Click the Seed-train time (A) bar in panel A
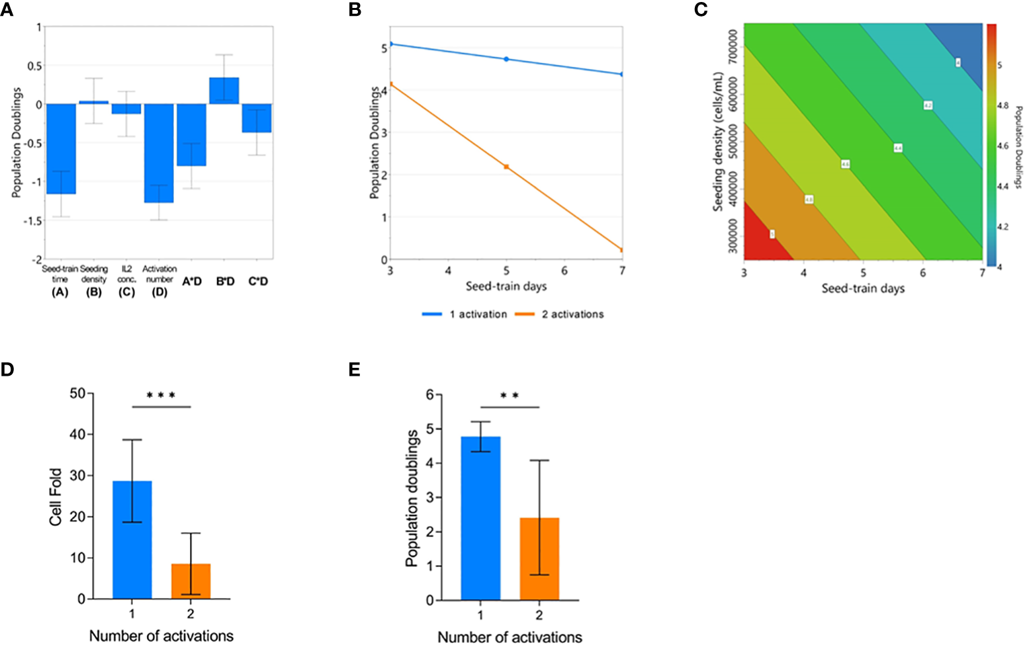click(x=61, y=149)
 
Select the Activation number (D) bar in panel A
click(x=159, y=153)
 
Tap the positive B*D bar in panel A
click(x=225, y=91)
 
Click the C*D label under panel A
click(x=258, y=281)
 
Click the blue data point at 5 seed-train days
click(x=506, y=59)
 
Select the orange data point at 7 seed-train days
click(x=622, y=250)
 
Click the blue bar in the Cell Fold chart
click(x=132, y=539)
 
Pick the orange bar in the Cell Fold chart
click(x=191, y=581)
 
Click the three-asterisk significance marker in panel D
click(x=161, y=396)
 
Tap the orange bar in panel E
click(x=539, y=559)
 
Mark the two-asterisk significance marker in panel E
click(x=510, y=396)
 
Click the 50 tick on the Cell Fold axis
click(x=77, y=394)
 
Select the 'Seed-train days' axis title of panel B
click(x=506, y=286)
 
